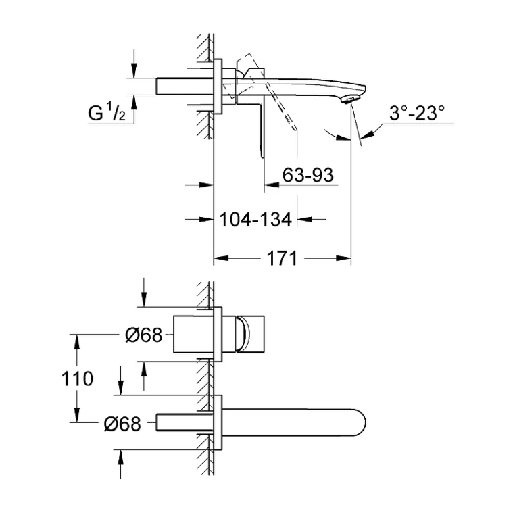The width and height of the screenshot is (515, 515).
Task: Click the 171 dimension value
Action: (282, 258)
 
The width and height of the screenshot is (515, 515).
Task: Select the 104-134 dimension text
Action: (255, 219)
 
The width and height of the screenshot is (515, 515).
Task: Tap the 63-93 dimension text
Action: (308, 175)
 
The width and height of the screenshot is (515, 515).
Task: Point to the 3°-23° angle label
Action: (417, 113)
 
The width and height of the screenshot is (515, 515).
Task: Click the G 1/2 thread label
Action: (106, 112)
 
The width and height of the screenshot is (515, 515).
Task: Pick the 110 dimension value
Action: (77, 378)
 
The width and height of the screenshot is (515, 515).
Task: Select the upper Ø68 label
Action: (144, 335)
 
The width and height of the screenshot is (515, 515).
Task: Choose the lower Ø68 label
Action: (122, 424)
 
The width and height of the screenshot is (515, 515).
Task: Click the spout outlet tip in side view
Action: (349, 100)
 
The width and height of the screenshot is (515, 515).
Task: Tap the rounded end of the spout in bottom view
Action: (361, 422)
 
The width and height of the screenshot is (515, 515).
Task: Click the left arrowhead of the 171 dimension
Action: (221, 258)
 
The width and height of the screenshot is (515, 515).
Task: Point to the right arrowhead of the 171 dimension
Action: (343, 258)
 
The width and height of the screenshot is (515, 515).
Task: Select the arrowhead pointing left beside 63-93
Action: (272, 185)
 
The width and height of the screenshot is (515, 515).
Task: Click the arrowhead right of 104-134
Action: (304, 219)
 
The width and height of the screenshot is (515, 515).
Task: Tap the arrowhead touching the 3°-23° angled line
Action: (368, 134)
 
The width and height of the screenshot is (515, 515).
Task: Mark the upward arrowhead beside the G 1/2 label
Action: (134, 103)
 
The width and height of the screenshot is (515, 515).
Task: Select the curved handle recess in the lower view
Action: (243, 334)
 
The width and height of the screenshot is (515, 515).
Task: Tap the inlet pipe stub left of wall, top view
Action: (185, 87)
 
